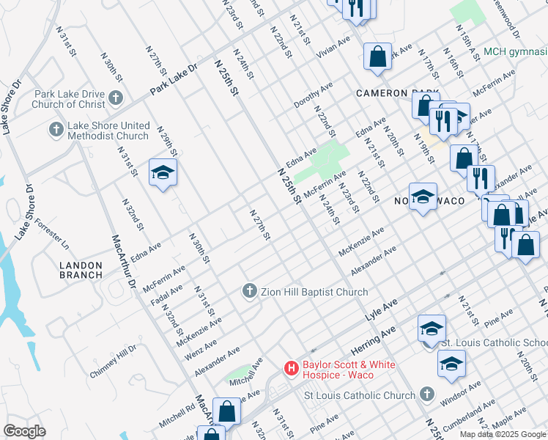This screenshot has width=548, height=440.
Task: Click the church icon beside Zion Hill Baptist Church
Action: (249, 292)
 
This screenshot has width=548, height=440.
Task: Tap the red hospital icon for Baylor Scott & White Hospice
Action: (291, 369)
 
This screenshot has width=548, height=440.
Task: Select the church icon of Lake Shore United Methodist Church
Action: (56, 130)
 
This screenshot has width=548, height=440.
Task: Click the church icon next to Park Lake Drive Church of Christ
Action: (115, 98)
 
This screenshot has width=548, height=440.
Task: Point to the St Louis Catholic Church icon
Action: (427, 395)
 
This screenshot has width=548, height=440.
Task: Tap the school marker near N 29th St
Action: (163, 173)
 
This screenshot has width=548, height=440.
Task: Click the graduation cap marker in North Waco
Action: (423, 197)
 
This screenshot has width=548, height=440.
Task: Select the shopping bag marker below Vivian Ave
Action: (377, 56)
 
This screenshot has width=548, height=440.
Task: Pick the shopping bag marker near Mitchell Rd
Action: (227, 411)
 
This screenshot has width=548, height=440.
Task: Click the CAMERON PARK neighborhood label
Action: (396, 93)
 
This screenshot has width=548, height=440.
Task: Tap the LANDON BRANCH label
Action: (81, 269)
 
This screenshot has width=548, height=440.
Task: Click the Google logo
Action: (25, 430)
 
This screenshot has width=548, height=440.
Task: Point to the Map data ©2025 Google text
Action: (503, 434)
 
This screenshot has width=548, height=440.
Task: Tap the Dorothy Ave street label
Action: (314, 94)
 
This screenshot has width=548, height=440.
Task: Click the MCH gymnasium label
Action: (515, 51)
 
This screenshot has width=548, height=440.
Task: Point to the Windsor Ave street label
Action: (461, 395)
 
